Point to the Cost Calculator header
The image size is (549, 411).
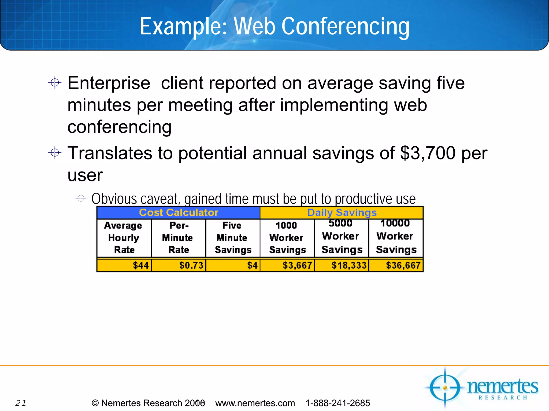[179, 212]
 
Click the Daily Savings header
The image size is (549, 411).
[342, 212]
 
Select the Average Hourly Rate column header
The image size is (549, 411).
[124, 238]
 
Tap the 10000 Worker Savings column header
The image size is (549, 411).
[396, 236]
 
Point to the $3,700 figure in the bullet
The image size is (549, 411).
[428, 153]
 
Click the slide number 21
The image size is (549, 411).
[21, 403]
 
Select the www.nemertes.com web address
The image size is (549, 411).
[255, 403]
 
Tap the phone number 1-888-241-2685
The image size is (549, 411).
[338, 403]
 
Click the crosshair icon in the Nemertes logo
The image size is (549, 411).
[445, 387]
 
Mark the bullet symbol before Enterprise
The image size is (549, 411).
[55, 82]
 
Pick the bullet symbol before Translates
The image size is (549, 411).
[55, 153]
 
